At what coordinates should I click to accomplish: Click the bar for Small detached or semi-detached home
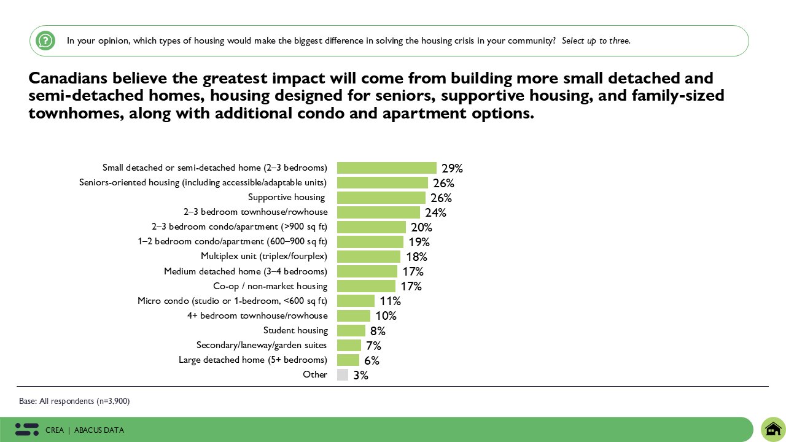tap(386, 168)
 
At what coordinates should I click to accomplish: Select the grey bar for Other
tap(343, 374)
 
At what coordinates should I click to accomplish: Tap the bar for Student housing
tap(351, 330)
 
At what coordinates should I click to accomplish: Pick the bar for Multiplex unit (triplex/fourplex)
tap(368, 257)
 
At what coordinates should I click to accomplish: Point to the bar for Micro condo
tap(356, 301)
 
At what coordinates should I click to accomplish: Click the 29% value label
tap(451, 168)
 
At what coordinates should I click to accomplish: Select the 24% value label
tap(435, 212)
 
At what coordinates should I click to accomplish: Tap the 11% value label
tap(390, 301)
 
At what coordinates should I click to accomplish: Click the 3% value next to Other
tap(360, 375)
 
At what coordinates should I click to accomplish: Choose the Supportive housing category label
tap(286, 197)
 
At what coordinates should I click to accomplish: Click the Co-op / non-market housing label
tap(270, 286)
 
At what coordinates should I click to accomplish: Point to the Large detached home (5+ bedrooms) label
tap(253, 360)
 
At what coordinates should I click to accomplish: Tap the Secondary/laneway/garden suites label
tap(262, 345)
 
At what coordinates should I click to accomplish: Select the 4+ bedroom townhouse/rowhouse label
tap(257, 316)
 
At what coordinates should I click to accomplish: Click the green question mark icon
tap(45, 41)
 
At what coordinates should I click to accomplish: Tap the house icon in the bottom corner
tap(773, 428)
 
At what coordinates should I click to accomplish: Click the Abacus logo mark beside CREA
tap(27, 430)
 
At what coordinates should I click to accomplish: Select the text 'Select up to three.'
tap(596, 41)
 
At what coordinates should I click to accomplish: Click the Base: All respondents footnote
tap(74, 401)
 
